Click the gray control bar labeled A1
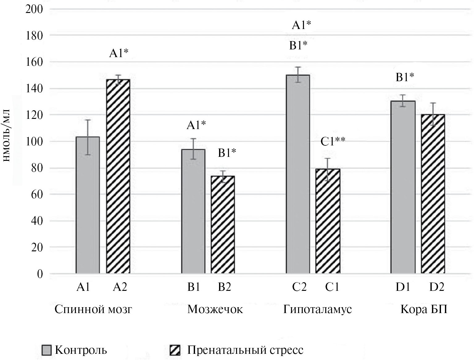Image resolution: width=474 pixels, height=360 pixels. pyautogui.click(x=88, y=205)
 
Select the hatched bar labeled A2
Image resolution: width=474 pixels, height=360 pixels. pyautogui.click(x=118, y=176)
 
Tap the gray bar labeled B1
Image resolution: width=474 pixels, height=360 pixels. pyautogui.click(x=193, y=211)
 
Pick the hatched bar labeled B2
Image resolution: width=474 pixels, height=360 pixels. pyautogui.click(x=222, y=224)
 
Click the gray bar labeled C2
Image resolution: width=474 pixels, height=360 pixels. pyautogui.click(x=298, y=174)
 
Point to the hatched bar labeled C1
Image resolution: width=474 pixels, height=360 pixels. pyautogui.click(x=328, y=221)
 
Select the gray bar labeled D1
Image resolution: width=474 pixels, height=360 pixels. pyautogui.click(x=403, y=187)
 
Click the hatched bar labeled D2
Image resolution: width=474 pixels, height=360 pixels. pyautogui.click(x=433, y=194)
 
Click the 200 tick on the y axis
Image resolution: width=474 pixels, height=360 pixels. pyautogui.click(x=34, y=9)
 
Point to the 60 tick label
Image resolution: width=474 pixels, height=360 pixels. pyautogui.click(x=37, y=195)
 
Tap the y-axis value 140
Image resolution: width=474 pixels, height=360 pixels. pyautogui.click(x=34, y=89)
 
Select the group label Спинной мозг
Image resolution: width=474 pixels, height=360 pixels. pyautogui.click(x=93, y=309)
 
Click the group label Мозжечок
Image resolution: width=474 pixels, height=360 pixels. pyautogui.click(x=215, y=309)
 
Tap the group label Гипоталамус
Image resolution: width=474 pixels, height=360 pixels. pyautogui.click(x=318, y=309)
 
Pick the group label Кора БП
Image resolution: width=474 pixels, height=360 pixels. pyautogui.click(x=424, y=309)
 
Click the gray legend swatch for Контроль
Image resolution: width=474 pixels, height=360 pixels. pyautogui.click(x=47, y=350)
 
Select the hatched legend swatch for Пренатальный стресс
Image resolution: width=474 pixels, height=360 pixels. pyautogui.click(x=175, y=350)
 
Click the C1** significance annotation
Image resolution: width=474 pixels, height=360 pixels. pyautogui.click(x=333, y=142)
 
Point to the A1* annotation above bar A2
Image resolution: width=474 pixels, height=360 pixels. pyautogui.click(x=119, y=54)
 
